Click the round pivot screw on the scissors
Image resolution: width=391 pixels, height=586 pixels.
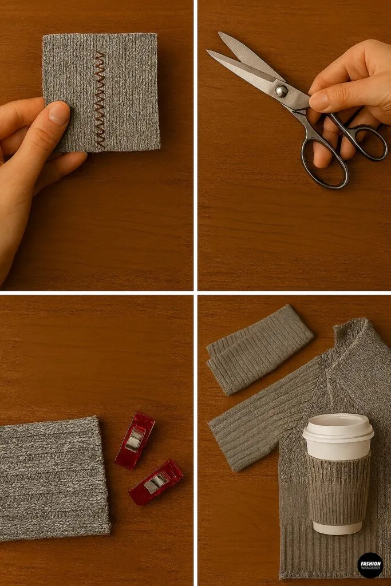click(281, 91)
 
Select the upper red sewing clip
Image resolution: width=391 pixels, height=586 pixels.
click(135, 439)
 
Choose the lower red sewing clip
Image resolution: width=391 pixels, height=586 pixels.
click(156, 482)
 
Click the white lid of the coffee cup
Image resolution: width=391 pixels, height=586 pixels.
click(338, 428)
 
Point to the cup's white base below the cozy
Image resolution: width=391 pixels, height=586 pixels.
click(338, 527)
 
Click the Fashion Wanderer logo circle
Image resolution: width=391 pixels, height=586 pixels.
click(370, 565)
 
